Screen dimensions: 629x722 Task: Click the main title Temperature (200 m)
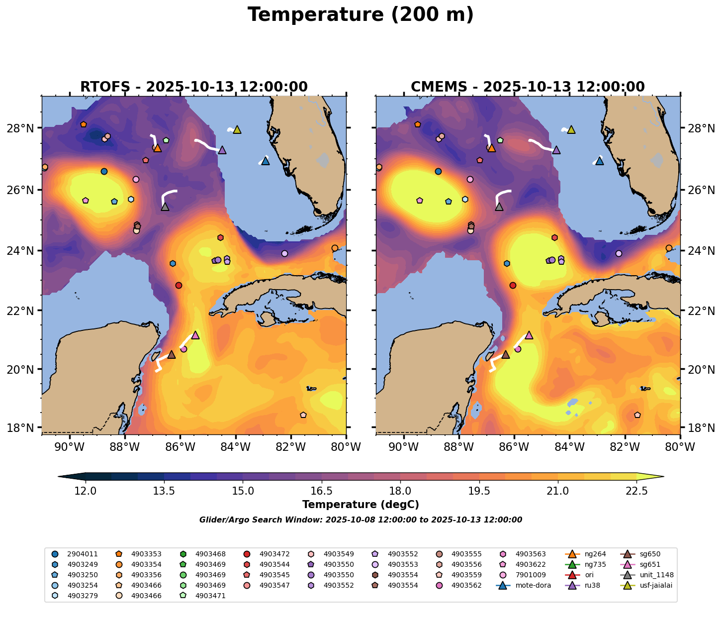pyautogui.click(x=361, y=15)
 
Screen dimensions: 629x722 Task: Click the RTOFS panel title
pyautogui.click(x=194, y=87)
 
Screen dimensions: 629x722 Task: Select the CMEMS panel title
pyautogui.click(x=528, y=87)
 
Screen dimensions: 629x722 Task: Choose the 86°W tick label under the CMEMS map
pyautogui.click(x=514, y=447)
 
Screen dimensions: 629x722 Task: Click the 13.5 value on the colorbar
pyautogui.click(x=164, y=491)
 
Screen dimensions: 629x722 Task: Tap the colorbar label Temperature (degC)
pyautogui.click(x=361, y=505)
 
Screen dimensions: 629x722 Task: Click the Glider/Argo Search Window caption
pyautogui.click(x=361, y=520)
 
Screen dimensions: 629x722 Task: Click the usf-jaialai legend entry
pyautogui.click(x=656, y=585)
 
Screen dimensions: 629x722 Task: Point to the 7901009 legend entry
pyautogui.click(x=531, y=575)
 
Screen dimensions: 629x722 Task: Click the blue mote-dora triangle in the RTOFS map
pyautogui.click(x=265, y=161)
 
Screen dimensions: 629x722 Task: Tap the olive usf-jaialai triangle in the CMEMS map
pyautogui.click(x=571, y=129)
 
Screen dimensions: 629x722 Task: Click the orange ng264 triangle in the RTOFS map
pyautogui.click(x=157, y=148)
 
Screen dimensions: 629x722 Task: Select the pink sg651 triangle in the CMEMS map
pyautogui.click(x=529, y=335)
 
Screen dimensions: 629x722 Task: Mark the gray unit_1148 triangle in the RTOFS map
pyautogui.click(x=165, y=207)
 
